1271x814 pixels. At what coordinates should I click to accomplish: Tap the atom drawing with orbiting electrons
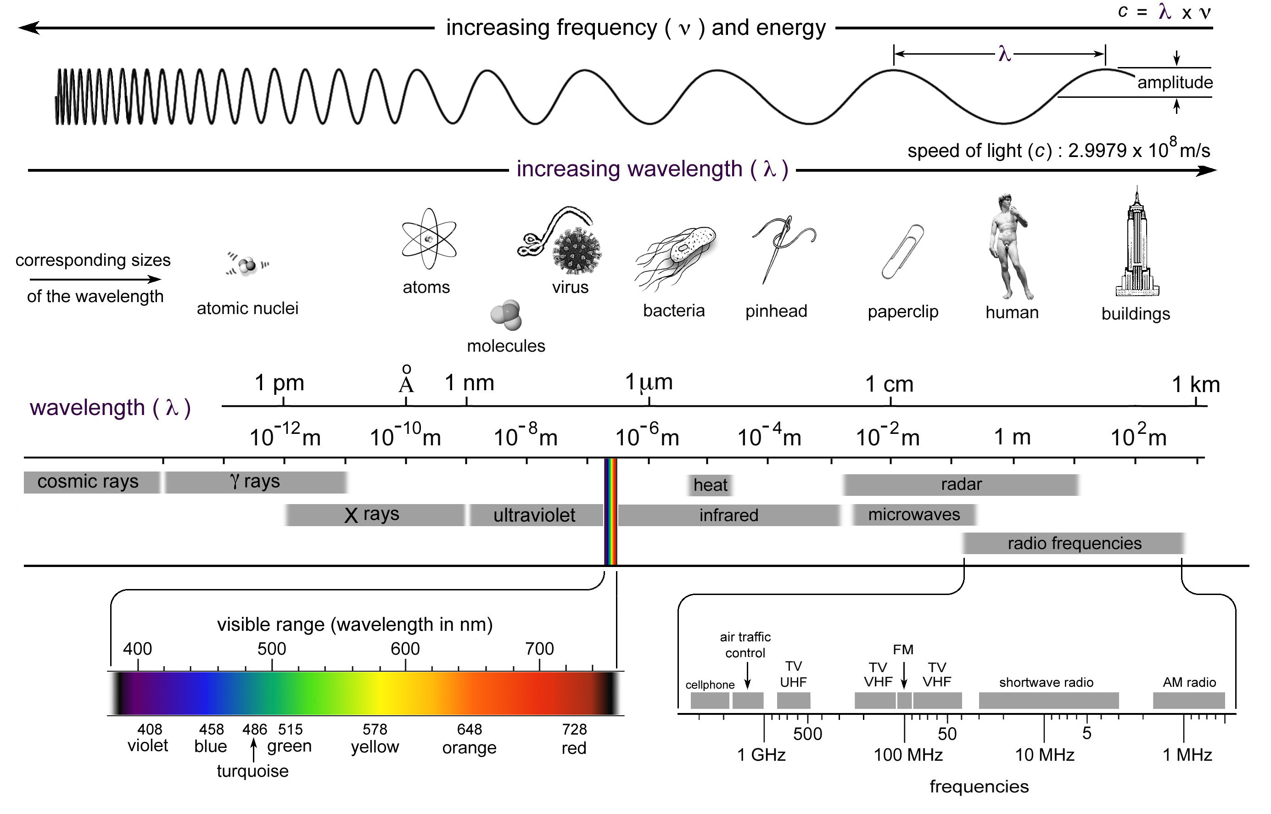[429, 239]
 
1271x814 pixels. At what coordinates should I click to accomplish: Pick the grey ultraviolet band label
[535, 515]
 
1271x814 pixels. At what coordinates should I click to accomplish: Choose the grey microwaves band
[914, 514]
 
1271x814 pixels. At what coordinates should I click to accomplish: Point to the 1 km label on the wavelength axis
[1195, 384]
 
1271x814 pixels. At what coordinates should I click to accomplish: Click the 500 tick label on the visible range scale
[272, 649]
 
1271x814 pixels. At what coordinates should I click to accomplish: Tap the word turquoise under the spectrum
[252, 771]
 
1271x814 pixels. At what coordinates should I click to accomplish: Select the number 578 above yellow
[375, 730]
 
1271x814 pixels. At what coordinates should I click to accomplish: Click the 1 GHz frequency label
[761, 755]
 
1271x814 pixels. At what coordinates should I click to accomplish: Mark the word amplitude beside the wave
[1175, 83]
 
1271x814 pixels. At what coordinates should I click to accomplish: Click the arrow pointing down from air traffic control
[747, 677]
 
